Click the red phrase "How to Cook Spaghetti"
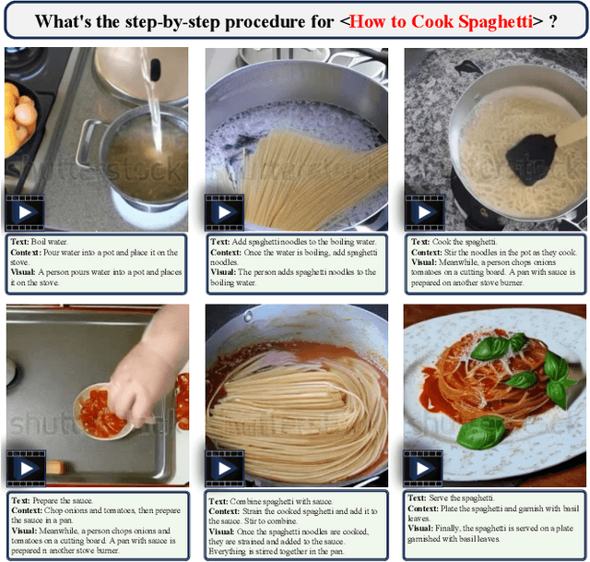tap(441, 22)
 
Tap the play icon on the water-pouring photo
tap(25, 212)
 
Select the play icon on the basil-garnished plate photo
tap(422, 468)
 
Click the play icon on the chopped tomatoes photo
tap(27, 468)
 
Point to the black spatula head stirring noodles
tap(531, 160)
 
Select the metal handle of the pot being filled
tap(88, 143)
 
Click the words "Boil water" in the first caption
tap(49, 242)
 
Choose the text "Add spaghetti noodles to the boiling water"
tap(303, 242)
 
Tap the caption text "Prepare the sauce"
tap(62, 500)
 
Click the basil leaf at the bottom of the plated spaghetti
tap(481, 432)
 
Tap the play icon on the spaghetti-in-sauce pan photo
tap(225, 468)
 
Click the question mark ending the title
tap(552, 22)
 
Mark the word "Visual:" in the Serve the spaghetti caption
tap(420, 528)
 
